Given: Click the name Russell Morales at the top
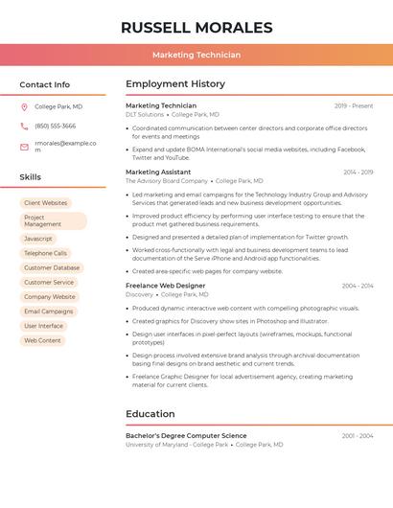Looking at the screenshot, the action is pyautogui.click(x=196, y=28).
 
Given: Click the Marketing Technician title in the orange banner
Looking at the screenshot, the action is pyautogui.click(x=196, y=55).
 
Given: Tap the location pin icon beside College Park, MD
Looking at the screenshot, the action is pyautogui.click(x=24, y=107).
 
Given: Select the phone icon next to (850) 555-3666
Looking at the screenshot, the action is pyautogui.click(x=24, y=126).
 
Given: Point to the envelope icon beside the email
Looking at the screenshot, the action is pyautogui.click(x=24, y=147).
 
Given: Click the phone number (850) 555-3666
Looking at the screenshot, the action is pyautogui.click(x=55, y=126).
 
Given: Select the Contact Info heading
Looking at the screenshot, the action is pyautogui.click(x=45, y=84).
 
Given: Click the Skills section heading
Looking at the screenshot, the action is pyautogui.click(x=31, y=177).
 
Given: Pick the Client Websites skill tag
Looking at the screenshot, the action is pyautogui.click(x=46, y=203).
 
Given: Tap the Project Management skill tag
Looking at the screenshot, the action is pyautogui.click(x=52, y=220).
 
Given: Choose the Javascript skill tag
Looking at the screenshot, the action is pyautogui.click(x=38, y=239).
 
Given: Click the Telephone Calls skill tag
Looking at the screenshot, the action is pyautogui.click(x=46, y=253).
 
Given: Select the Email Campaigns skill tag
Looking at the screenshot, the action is pyautogui.click(x=49, y=312).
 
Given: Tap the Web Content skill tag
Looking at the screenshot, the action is pyautogui.click(x=42, y=340).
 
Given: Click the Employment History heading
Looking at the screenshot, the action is pyautogui.click(x=175, y=84).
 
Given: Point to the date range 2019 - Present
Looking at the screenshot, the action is pyautogui.click(x=354, y=106).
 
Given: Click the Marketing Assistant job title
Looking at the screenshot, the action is pyautogui.click(x=158, y=172).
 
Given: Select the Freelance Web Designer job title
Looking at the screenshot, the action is pyautogui.click(x=165, y=286).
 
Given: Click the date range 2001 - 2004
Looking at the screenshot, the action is pyautogui.click(x=358, y=436).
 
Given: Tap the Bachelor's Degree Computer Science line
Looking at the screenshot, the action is pyautogui.click(x=186, y=436).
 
